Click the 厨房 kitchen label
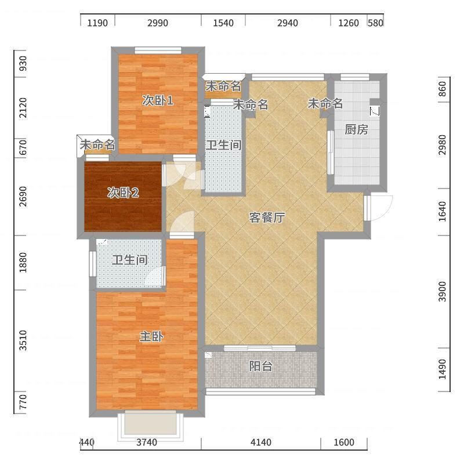tap(356, 129)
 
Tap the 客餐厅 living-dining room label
tap(267, 217)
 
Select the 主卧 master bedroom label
tap(151, 336)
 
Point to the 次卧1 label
tap(157, 100)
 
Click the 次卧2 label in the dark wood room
tap(123, 193)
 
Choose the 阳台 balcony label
tap(260, 366)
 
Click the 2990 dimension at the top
tap(158, 23)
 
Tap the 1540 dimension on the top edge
tap(223, 23)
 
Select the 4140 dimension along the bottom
tap(260, 443)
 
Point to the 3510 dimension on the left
tap(23, 340)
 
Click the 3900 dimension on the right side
tap(442, 292)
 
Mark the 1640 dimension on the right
tap(442, 211)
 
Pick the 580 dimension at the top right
tap(375, 23)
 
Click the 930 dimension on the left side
tap(23, 64)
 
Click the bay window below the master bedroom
tap(151, 425)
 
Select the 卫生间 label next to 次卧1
tap(224, 146)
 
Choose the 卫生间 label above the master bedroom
tap(130, 260)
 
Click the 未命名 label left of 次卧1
tap(97, 144)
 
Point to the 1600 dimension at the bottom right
tap(344, 443)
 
